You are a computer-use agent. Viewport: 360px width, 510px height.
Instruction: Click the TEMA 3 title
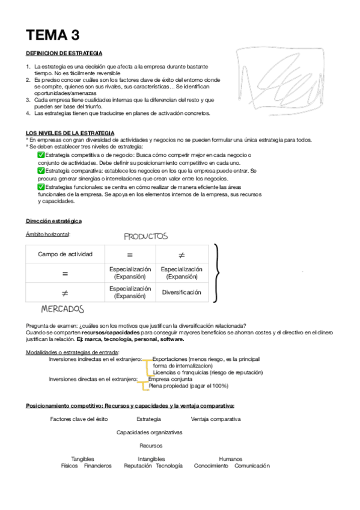point(52,34)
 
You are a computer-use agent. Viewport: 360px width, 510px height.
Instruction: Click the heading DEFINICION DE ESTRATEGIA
point(64,54)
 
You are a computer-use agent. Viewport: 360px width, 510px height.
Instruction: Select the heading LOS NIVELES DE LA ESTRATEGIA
point(70,132)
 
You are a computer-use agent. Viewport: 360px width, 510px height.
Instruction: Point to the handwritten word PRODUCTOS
point(145,236)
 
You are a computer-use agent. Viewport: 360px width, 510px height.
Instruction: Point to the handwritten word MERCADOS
point(63,309)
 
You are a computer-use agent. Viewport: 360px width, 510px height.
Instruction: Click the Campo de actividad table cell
point(65,254)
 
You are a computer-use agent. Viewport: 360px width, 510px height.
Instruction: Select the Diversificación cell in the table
point(182,293)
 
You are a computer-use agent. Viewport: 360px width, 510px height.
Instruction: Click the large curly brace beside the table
point(218,272)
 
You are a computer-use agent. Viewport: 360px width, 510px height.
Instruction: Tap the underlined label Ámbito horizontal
point(48,234)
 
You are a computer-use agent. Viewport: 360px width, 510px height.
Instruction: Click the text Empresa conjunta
point(170,379)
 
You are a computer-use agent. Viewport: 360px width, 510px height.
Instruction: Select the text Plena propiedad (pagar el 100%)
point(188,386)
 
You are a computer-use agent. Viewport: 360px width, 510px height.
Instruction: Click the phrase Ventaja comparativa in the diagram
point(215,419)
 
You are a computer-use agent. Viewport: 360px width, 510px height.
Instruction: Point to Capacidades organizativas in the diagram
point(149,432)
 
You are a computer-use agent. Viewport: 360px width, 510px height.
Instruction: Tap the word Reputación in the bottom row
point(138,465)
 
